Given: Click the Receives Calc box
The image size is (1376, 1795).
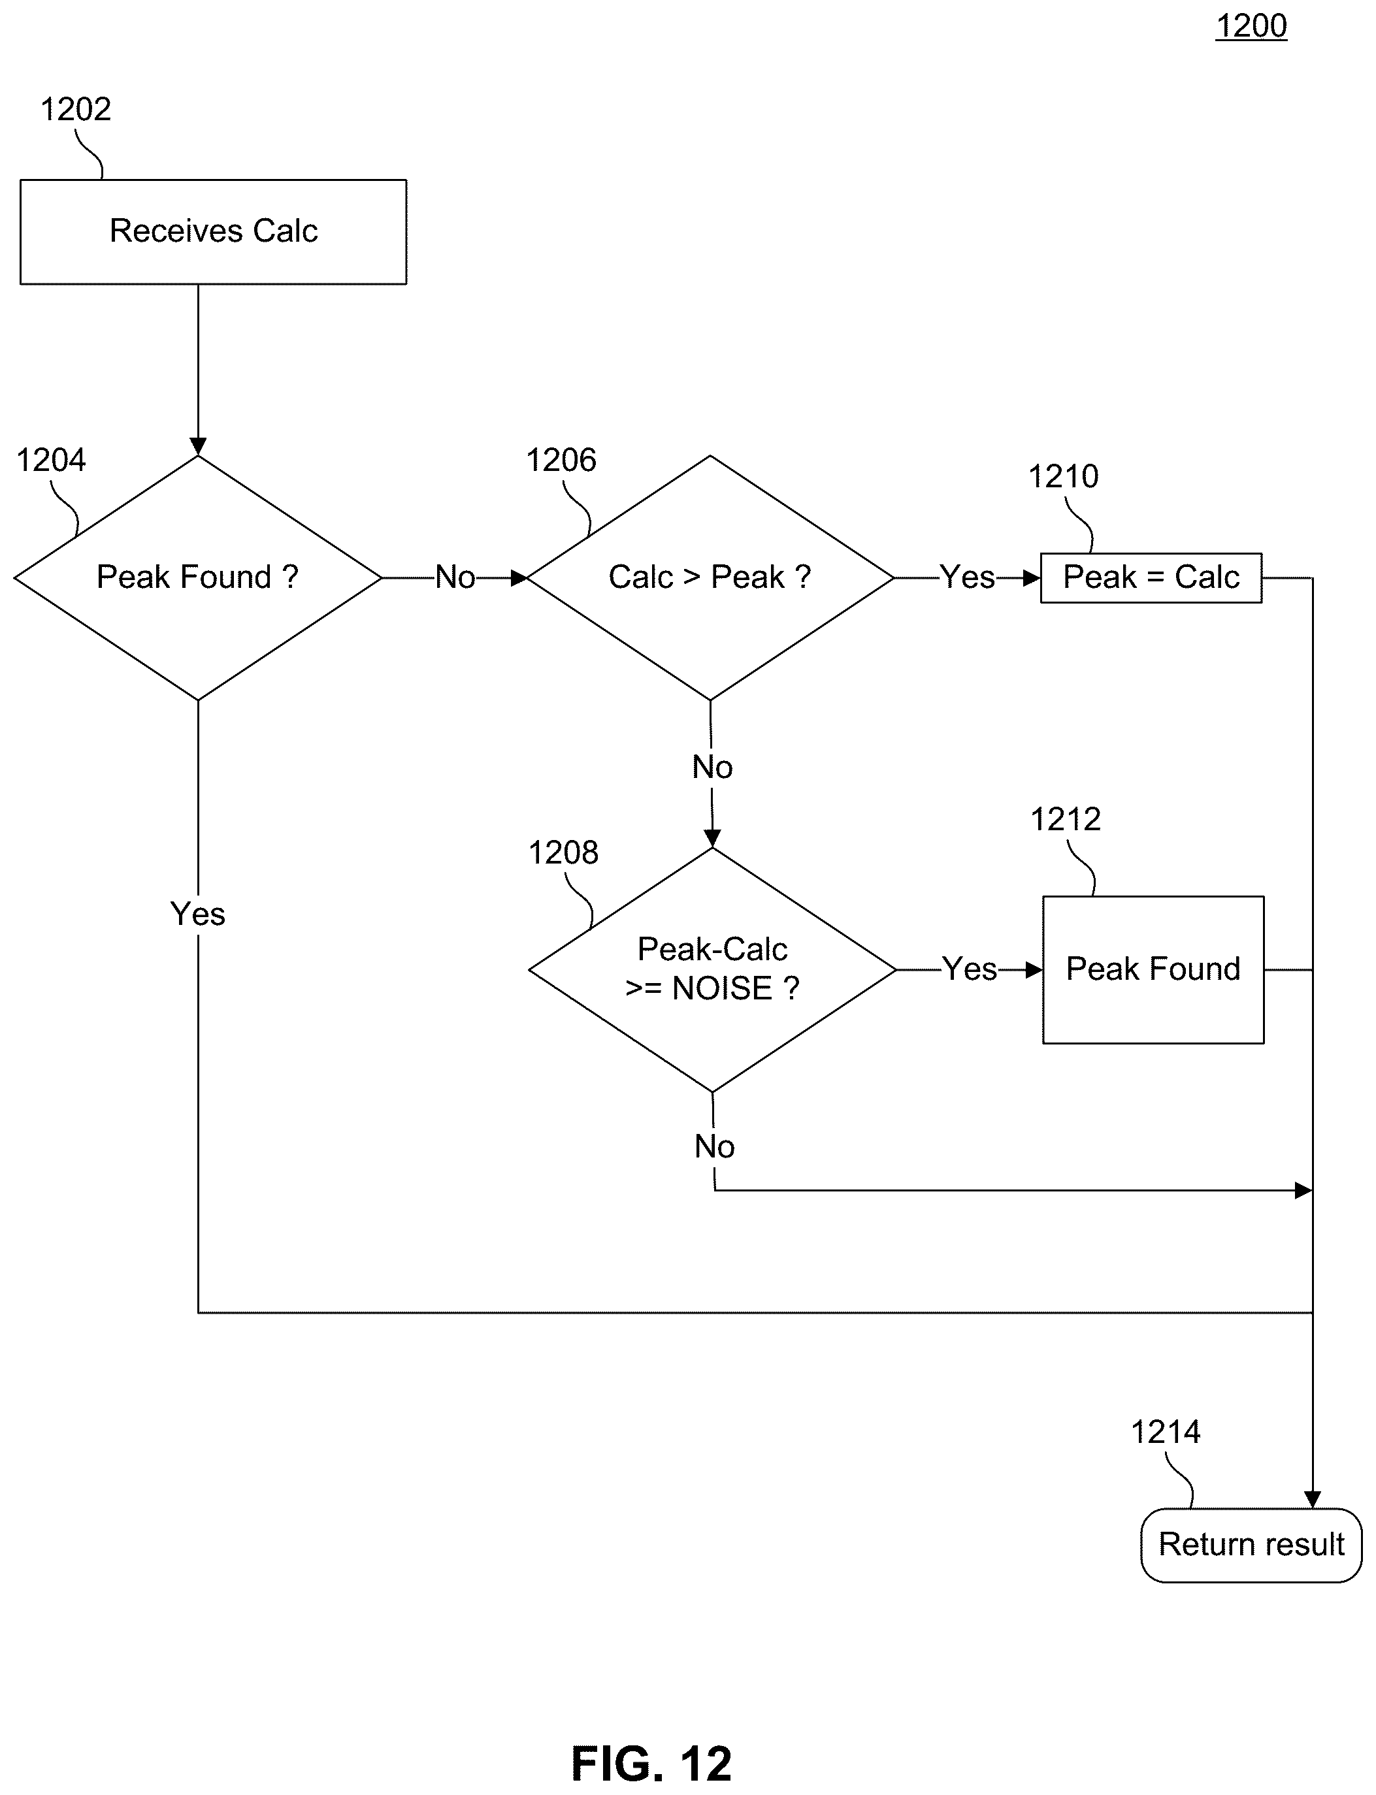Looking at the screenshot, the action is (213, 232).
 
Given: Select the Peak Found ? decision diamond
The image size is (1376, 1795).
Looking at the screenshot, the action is (198, 577).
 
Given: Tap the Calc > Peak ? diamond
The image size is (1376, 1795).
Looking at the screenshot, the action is (710, 577).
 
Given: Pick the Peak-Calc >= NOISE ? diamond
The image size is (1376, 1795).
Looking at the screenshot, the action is (713, 969).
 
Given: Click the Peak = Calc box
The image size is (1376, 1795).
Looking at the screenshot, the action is (1151, 578).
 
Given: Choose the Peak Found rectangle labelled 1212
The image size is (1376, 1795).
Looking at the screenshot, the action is (1153, 969).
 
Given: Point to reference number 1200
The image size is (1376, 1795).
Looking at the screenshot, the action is (1251, 26).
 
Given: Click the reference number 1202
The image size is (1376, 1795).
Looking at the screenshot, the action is (75, 109).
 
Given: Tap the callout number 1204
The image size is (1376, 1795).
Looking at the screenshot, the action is (51, 461).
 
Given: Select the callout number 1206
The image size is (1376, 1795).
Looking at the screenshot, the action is (561, 461).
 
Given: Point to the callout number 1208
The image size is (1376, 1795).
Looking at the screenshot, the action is (563, 853).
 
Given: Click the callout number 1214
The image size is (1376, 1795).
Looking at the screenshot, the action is (1166, 1432).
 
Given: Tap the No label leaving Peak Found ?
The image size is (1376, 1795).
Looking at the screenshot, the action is (455, 577).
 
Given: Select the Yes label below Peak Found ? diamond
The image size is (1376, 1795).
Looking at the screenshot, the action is (197, 914).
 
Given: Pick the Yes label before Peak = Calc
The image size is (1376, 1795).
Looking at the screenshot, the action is (967, 577).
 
